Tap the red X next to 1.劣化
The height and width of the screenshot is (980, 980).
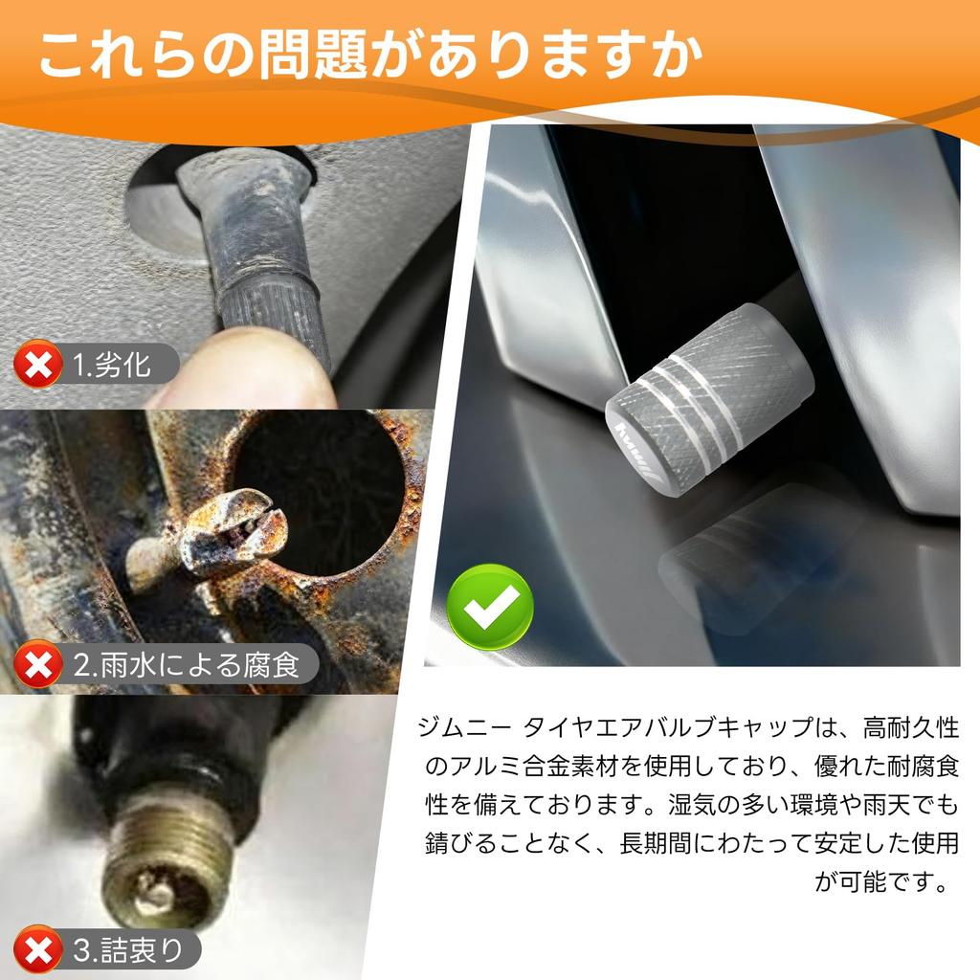(x=36, y=366)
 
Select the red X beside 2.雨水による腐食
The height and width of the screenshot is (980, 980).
(x=36, y=664)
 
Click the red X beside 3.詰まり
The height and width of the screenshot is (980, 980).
(x=36, y=950)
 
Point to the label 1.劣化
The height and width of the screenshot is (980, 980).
(x=112, y=366)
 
